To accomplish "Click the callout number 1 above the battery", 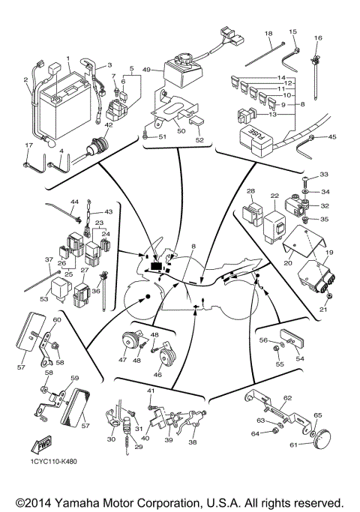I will [67, 58].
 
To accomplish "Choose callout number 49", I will [147, 70].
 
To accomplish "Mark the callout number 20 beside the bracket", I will [287, 263].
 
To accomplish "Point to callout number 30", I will [112, 439].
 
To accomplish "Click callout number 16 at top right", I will [318, 37].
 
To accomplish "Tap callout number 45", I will [332, 136].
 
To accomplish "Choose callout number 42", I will [109, 126].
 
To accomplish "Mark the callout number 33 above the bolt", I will [324, 175].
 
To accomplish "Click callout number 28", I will [252, 192].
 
